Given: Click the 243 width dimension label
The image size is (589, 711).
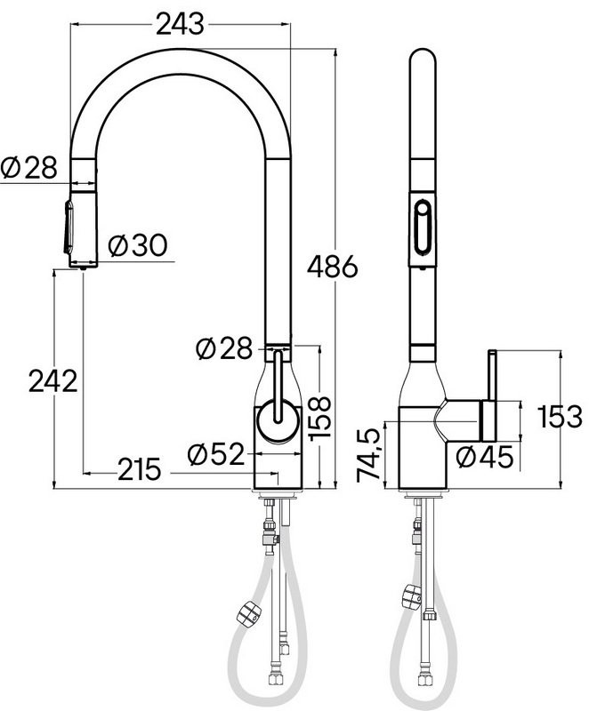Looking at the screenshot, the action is (x=180, y=24).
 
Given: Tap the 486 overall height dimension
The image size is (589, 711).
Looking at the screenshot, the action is (x=332, y=267).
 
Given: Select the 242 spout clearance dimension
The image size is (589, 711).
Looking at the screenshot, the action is (x=53, y=380).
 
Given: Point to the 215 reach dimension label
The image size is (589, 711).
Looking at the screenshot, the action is (x=140, y=469).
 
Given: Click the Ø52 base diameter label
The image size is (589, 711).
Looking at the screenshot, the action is (x=216, y=454).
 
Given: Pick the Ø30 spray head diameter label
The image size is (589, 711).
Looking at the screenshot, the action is (x=138, y=245).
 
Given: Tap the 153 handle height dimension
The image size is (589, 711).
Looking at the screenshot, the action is (x=560, y=416).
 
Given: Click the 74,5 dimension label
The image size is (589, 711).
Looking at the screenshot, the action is (x=367, y=454).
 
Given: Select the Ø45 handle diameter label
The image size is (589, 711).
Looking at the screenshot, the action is (x=485, y=457).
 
